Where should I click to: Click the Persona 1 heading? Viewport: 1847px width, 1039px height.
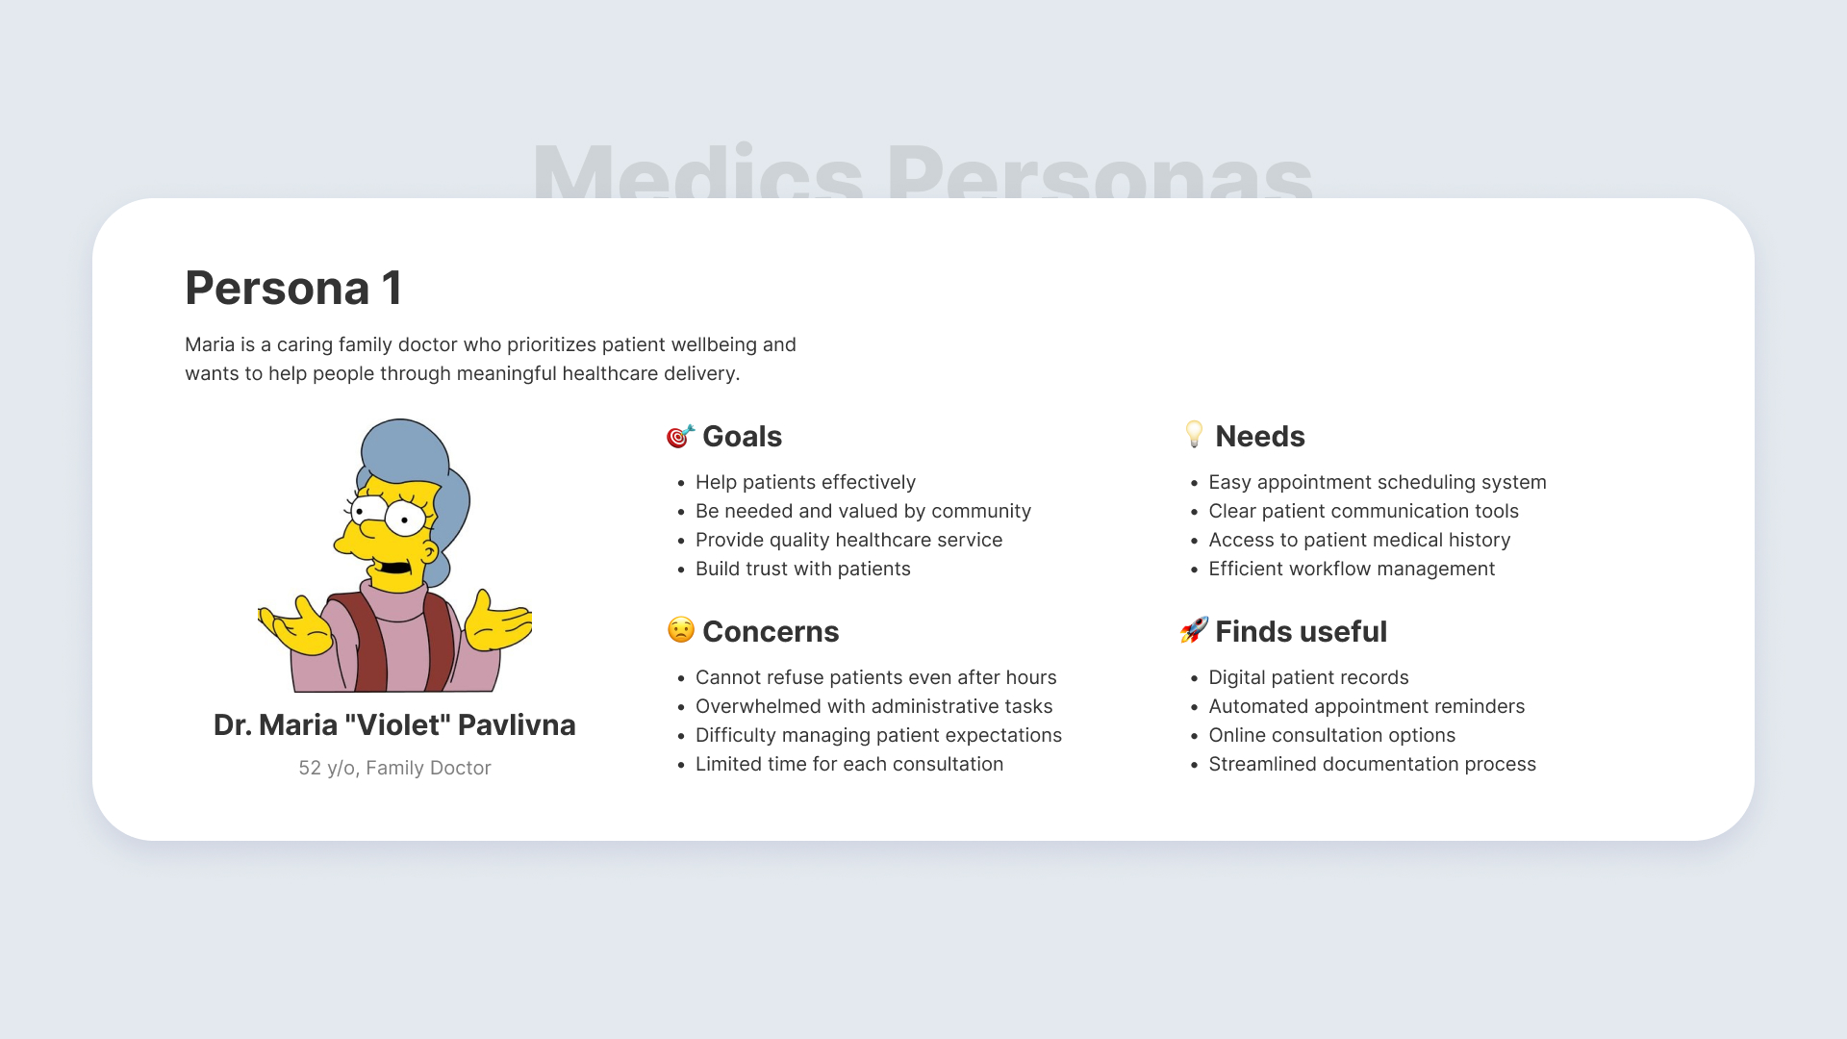click(293, 288)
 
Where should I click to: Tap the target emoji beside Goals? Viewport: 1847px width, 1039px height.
click(680, 437)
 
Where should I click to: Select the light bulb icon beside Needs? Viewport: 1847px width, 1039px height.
click(1194, 435)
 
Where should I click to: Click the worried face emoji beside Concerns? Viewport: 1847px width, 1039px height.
click(680, 630)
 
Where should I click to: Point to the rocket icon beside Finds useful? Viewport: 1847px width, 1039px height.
click(1194, 630)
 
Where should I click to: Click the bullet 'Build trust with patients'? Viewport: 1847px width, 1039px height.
click(803, 569)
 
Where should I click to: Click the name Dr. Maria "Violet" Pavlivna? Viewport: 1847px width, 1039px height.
click(394, 724)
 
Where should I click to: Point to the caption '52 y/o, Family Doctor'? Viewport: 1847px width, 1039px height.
click(394, 768)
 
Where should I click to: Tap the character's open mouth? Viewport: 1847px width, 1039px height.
click(394, 566)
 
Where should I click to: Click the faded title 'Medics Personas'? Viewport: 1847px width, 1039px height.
click(923, 171)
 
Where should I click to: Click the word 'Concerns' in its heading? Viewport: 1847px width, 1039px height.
click(771, 631)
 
